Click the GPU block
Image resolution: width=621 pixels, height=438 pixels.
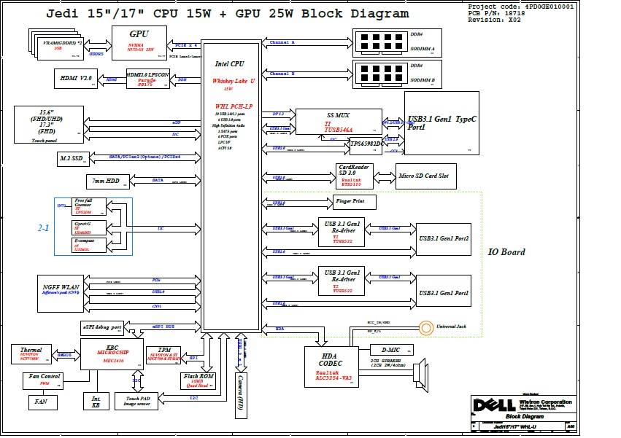[x=139, y=39]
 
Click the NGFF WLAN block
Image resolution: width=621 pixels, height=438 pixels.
[x=61, y=292]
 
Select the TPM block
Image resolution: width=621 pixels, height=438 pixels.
[x=163, y=355]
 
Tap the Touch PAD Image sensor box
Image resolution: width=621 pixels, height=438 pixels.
[x=141, y=400]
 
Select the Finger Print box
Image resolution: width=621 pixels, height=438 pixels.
[x=355, y=200]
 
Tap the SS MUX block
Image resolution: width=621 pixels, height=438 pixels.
[x=339, y=122]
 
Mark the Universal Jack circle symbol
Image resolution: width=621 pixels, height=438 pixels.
[x=425, y=327]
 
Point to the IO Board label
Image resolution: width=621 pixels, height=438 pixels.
[x=506, y=252]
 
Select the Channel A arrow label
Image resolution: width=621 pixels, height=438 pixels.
[x=282, y=43]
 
